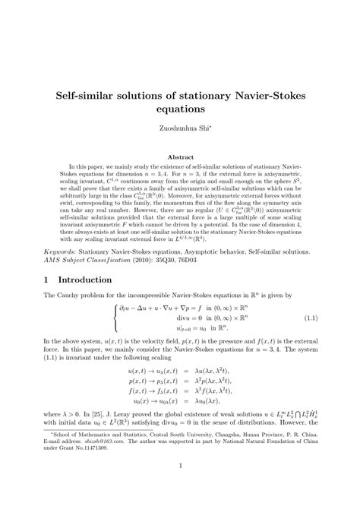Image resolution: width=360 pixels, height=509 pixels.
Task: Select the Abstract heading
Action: (180, 157)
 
